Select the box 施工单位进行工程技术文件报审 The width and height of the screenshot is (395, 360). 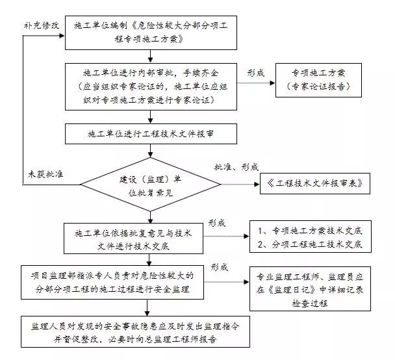click(x=151, y=134)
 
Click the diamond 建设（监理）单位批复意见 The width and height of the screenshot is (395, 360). click(x=151, y=185)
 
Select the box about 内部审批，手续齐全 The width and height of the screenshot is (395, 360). click(x=151, y=84)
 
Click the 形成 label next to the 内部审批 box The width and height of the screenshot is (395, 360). click(x=256, y=73)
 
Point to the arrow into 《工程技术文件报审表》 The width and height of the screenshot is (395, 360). click(x=241, y=185)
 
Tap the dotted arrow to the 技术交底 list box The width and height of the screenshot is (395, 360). click(x=227, y=238)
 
